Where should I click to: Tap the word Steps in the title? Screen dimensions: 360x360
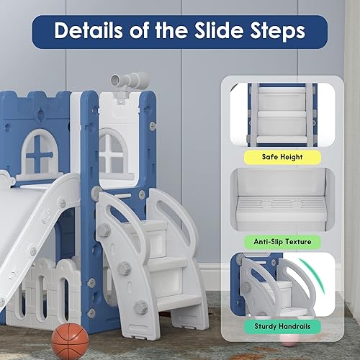[x=276, y=32]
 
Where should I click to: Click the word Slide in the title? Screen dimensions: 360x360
[x=209, y=32]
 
